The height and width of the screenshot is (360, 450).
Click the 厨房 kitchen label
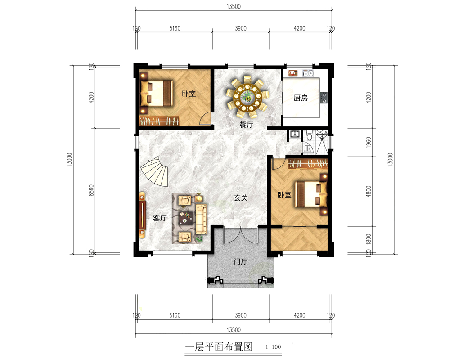[301, 98]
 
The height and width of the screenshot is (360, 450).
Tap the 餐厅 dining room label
[247, 125]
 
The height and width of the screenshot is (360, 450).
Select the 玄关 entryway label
[240, 198]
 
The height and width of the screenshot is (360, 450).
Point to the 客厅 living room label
[160, 218]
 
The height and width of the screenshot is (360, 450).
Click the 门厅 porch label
[240, 261]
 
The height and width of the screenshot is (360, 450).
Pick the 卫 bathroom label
[308, 148]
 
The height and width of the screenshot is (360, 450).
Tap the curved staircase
[155, 171]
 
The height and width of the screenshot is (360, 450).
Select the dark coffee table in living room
[186, 218]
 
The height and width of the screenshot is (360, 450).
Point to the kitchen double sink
[308, 73]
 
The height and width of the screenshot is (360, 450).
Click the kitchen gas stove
[324, 98]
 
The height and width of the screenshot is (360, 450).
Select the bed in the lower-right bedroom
[311, 194]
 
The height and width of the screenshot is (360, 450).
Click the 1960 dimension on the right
[369, 142]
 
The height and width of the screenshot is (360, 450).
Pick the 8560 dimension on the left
[91, 190]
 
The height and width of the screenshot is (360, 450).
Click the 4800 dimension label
[369, 191]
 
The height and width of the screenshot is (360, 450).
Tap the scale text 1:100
[273, 347]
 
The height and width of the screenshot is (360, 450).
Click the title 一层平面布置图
[219, 347]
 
